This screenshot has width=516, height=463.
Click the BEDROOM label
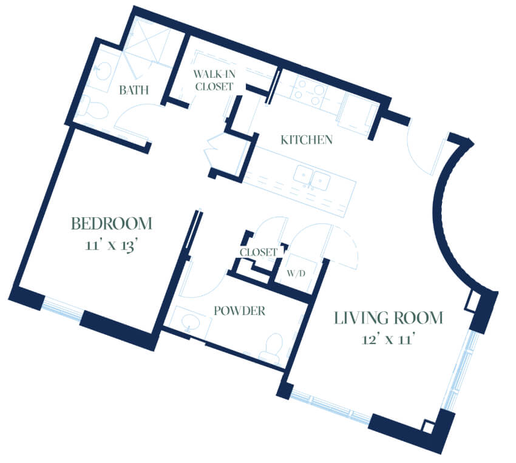(112, 223)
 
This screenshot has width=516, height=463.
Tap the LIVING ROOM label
(389, 318)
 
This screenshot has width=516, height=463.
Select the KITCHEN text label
(307, 140)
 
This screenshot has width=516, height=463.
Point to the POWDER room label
(240, 311)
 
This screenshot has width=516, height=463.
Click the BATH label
(134, 90)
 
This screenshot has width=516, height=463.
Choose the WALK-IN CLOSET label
(214, 80)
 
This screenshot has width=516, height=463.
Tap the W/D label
(296, 273)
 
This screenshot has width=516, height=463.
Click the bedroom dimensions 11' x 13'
(110, 245)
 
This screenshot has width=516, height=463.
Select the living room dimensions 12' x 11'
(387, 339)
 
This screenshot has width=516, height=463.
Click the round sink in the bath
(103, 70)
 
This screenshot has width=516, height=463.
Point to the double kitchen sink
(312, 179)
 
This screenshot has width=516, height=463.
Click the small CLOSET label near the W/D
(259, 252)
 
